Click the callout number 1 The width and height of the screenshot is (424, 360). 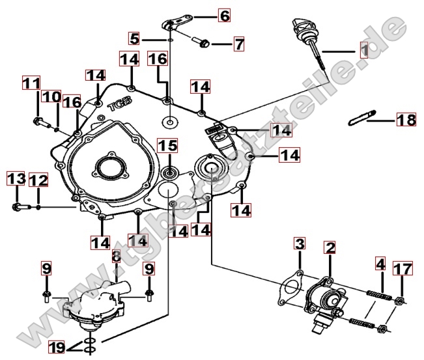364,49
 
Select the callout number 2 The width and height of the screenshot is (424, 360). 330,247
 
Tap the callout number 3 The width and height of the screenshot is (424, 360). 299,244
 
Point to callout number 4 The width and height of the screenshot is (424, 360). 380,265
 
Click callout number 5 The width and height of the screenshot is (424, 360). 134,38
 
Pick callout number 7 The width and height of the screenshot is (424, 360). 239,44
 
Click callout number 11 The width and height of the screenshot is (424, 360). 31,83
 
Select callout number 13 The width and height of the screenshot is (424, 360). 16,179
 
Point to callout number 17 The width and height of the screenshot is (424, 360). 402,268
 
